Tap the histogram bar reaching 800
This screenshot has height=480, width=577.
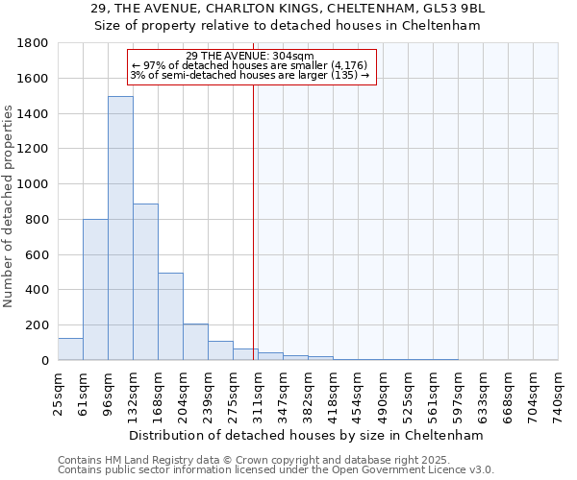95,289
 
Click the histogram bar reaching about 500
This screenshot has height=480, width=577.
170,316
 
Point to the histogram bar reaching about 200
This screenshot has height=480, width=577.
195,342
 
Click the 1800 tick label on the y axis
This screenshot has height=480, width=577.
33,43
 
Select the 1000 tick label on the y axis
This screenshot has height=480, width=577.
33,184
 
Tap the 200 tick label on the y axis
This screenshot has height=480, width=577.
37,325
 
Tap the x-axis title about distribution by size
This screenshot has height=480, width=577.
307,435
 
